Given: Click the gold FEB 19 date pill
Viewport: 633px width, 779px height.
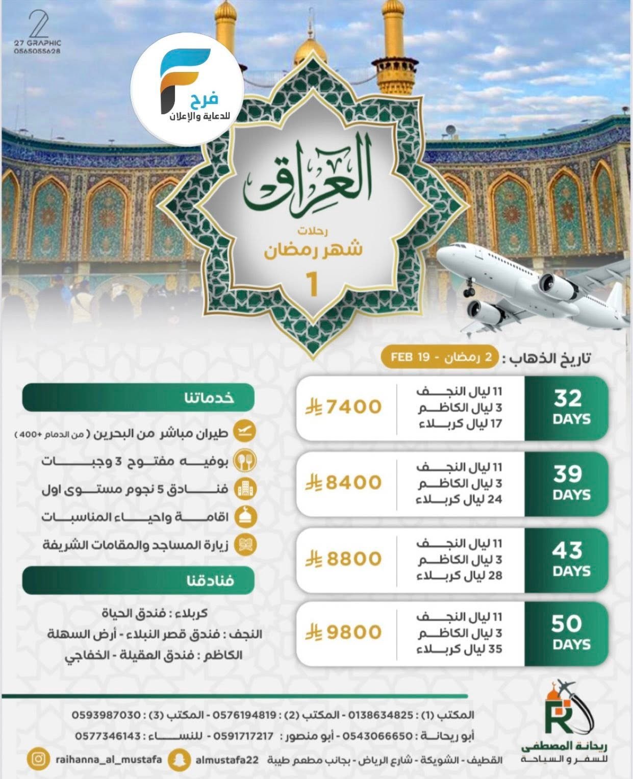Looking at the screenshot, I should [x=439, y=356].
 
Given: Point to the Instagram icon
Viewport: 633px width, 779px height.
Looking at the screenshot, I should [x=38, y=759].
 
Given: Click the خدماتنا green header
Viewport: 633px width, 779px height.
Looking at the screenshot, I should [x=138, y=397].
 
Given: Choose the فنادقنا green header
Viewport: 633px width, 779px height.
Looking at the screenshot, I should [x=138, y=580].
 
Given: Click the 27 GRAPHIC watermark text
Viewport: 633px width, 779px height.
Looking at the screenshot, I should [x=38, y=43].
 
